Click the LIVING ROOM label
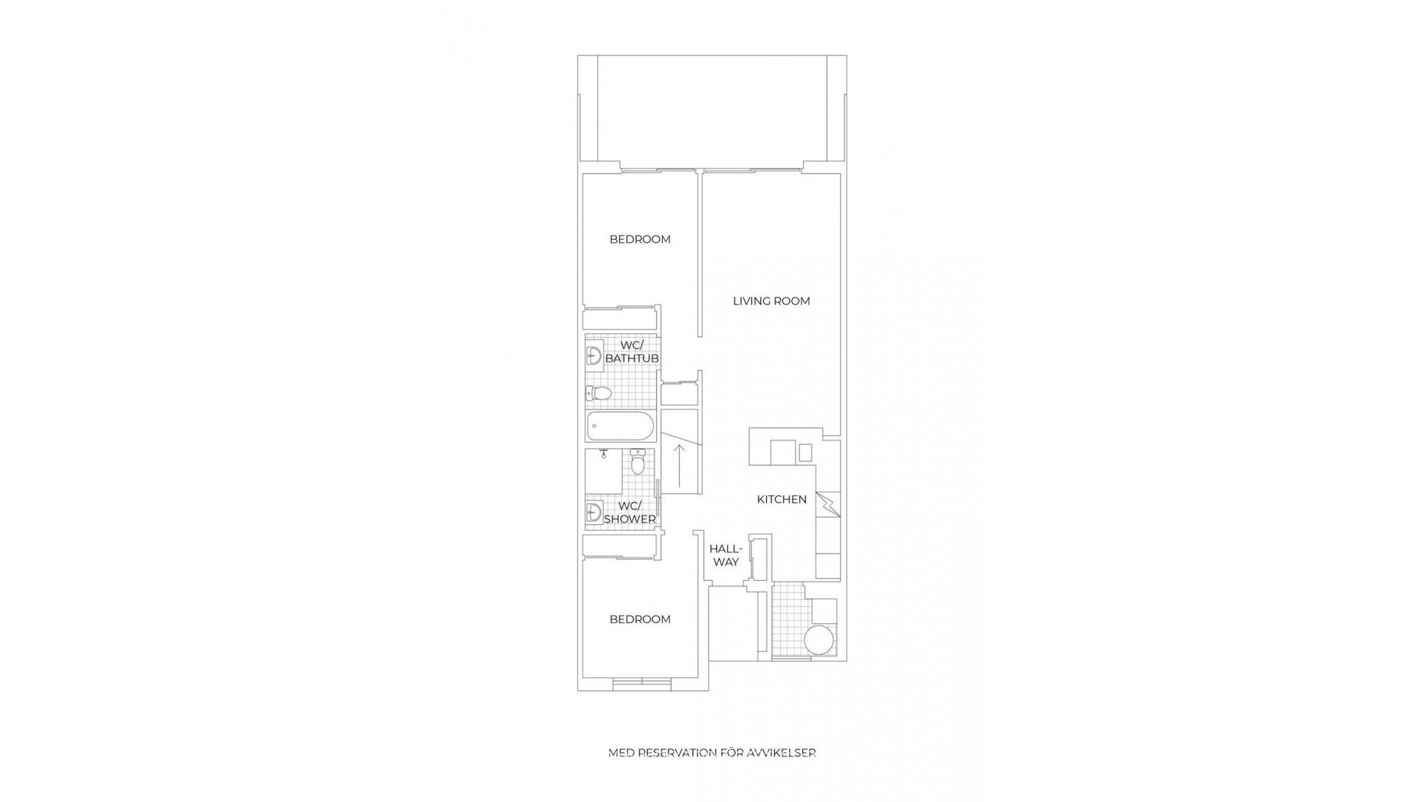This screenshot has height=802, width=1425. [x=771, y=301]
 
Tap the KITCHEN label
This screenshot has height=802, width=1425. [x=782, y=500]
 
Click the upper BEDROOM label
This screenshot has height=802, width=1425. [x=640, y=239]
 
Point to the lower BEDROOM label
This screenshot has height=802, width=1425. [x=640, y=619]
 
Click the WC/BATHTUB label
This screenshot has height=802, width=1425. [x=632, y=352]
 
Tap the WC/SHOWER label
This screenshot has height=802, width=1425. [x=629, y=512]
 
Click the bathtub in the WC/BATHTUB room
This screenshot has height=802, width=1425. [x=620, y=427]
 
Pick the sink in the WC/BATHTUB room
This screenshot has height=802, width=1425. [x=593, y=356]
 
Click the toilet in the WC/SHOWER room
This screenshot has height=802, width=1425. [x=638, y=462]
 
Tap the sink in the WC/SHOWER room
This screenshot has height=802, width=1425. [x=593, y=512]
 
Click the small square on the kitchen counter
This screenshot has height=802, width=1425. [x=805, y=452]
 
